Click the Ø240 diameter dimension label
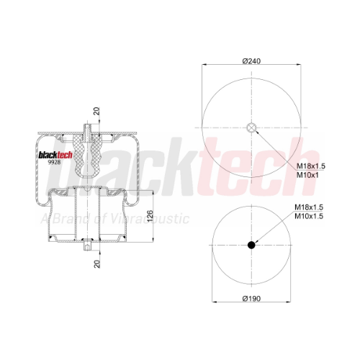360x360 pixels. [x=251, y=61]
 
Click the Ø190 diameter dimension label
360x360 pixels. [x=251, y=299]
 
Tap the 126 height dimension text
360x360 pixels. [x=150, y=216]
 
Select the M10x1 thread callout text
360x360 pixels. [x=307, y=175]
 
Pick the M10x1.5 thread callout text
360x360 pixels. [x=309, y=216]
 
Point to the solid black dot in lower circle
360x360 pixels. [x=251, y=245]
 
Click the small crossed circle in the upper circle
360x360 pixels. [x=251, y=127]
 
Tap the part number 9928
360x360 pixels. [x=54, y=162]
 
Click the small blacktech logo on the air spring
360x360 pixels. [x=55, y=155]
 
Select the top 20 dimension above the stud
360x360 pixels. [x=96, y=111]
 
